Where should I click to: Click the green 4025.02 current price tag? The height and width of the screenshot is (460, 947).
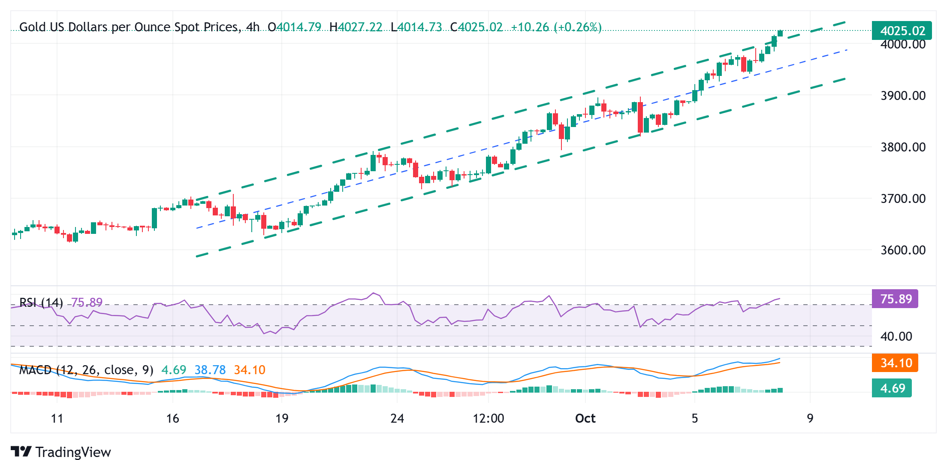(x=902, y=30)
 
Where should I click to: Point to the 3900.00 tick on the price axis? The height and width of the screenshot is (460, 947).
(x=903, y=95)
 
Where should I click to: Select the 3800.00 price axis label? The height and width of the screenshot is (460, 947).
(x=903, y=147)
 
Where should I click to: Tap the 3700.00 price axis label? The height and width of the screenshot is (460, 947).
(x=903, y=199)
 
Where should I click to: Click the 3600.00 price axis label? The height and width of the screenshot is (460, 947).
(x=903, y=250)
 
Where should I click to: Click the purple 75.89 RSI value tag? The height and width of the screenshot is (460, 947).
(x=896, y=299)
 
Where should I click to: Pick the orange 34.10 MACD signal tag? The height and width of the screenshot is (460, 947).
(x=896, y=363)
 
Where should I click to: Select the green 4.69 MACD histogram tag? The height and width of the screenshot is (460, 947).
(x=892, y=388)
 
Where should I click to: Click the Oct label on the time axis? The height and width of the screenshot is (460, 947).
(x=585, y=418)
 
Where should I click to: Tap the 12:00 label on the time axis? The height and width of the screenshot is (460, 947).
(x=488, y=418)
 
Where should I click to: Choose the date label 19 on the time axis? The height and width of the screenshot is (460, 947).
(x=282, y=418)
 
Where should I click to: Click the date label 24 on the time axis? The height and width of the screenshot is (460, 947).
(x=397, y=418)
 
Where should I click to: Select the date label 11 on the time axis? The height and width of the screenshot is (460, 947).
(x=57, y=418)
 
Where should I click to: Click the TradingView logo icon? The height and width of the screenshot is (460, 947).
(x=21, y=452)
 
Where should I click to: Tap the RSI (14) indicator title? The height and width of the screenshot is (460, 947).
(x=41, y=303)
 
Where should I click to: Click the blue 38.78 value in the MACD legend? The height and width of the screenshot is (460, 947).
(x=210, y=370)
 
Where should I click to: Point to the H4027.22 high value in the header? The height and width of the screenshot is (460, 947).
(x=356, y=27)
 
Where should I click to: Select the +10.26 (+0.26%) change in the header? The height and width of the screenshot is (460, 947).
(x=556, y=27)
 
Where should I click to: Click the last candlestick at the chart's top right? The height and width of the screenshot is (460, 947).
(x=780, y=33)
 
